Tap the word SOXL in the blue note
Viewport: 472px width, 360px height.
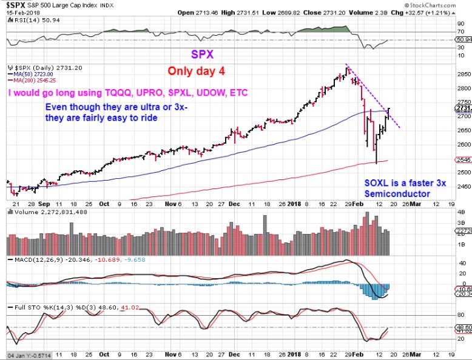377,183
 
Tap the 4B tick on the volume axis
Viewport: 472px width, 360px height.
461,213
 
